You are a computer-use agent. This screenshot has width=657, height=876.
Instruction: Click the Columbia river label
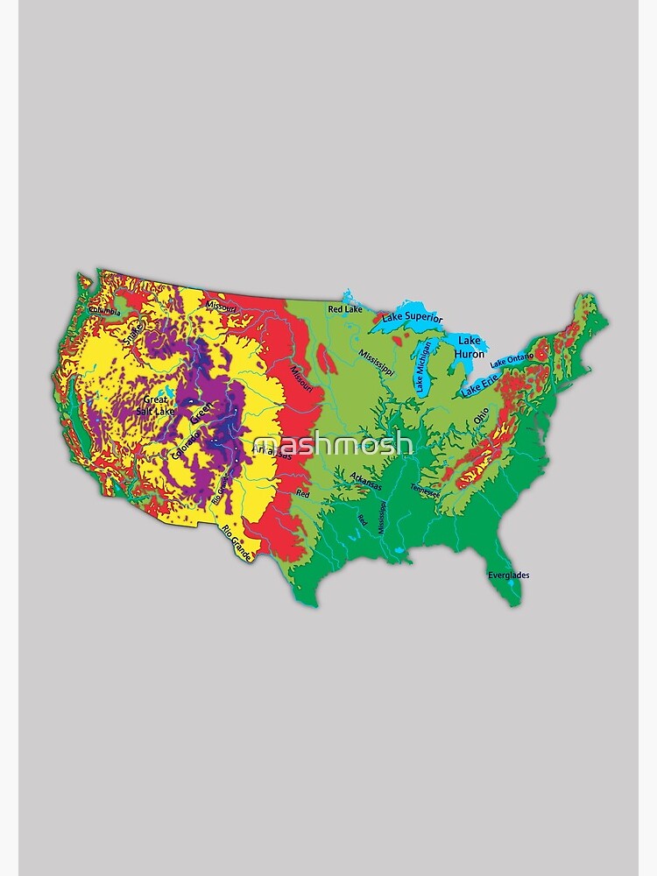[x=104, y=311]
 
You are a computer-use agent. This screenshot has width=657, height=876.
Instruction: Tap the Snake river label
[x=133, y=332]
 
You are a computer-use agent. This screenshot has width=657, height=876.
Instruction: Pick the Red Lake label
[x=345, y=309]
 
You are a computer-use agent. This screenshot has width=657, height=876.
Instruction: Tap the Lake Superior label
[x=412, y=318]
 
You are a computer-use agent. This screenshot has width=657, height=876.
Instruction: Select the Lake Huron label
[x=470, y=347]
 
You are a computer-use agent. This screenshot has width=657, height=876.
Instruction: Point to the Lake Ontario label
[x=512, y=360]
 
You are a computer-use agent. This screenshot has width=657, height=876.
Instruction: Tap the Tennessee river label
[x=426, y=491]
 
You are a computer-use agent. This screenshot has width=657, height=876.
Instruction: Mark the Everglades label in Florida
[x=508, y=576]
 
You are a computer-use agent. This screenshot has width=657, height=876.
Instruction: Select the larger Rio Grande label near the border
[x=237, y=542]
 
